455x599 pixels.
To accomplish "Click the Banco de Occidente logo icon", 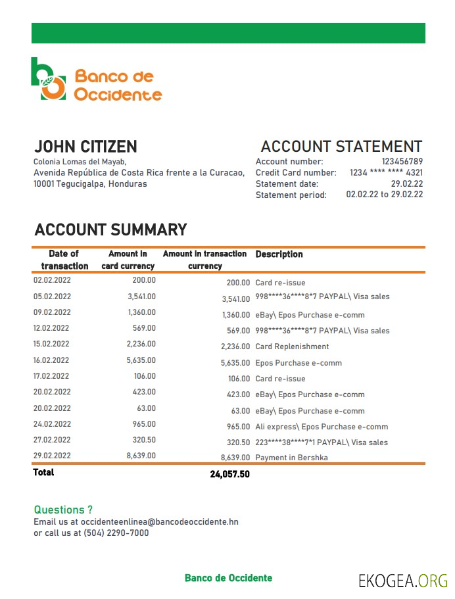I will (x=49, y=79).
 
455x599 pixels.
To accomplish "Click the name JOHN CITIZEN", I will (x=85, y=147).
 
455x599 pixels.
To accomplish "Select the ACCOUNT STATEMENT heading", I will (x=341, y=147).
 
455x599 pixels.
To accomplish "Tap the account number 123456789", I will (x=402, y=162).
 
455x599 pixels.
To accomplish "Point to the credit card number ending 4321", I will (x=386, y=173).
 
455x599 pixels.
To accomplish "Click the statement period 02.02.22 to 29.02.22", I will (x=384, y=195).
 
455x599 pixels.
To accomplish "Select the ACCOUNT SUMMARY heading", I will (x=110, y=230).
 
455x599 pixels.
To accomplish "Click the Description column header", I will (x=279, y=254).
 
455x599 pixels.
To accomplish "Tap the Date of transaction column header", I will (x=64, y=260).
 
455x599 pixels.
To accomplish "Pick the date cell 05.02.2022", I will (x=52, y=297).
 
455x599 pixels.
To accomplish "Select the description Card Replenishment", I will (x=292, y=347).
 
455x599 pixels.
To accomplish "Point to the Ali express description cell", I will (x=322, y=427).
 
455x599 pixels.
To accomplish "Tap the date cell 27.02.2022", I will (x=52, y=440).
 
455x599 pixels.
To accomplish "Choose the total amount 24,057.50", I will (x=229, y=474).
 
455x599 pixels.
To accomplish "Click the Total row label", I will (x=44, y=473).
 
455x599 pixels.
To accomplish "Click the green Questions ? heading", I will (x=63, y=510).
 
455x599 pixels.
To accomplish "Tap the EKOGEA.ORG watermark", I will (x=402, y=580).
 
